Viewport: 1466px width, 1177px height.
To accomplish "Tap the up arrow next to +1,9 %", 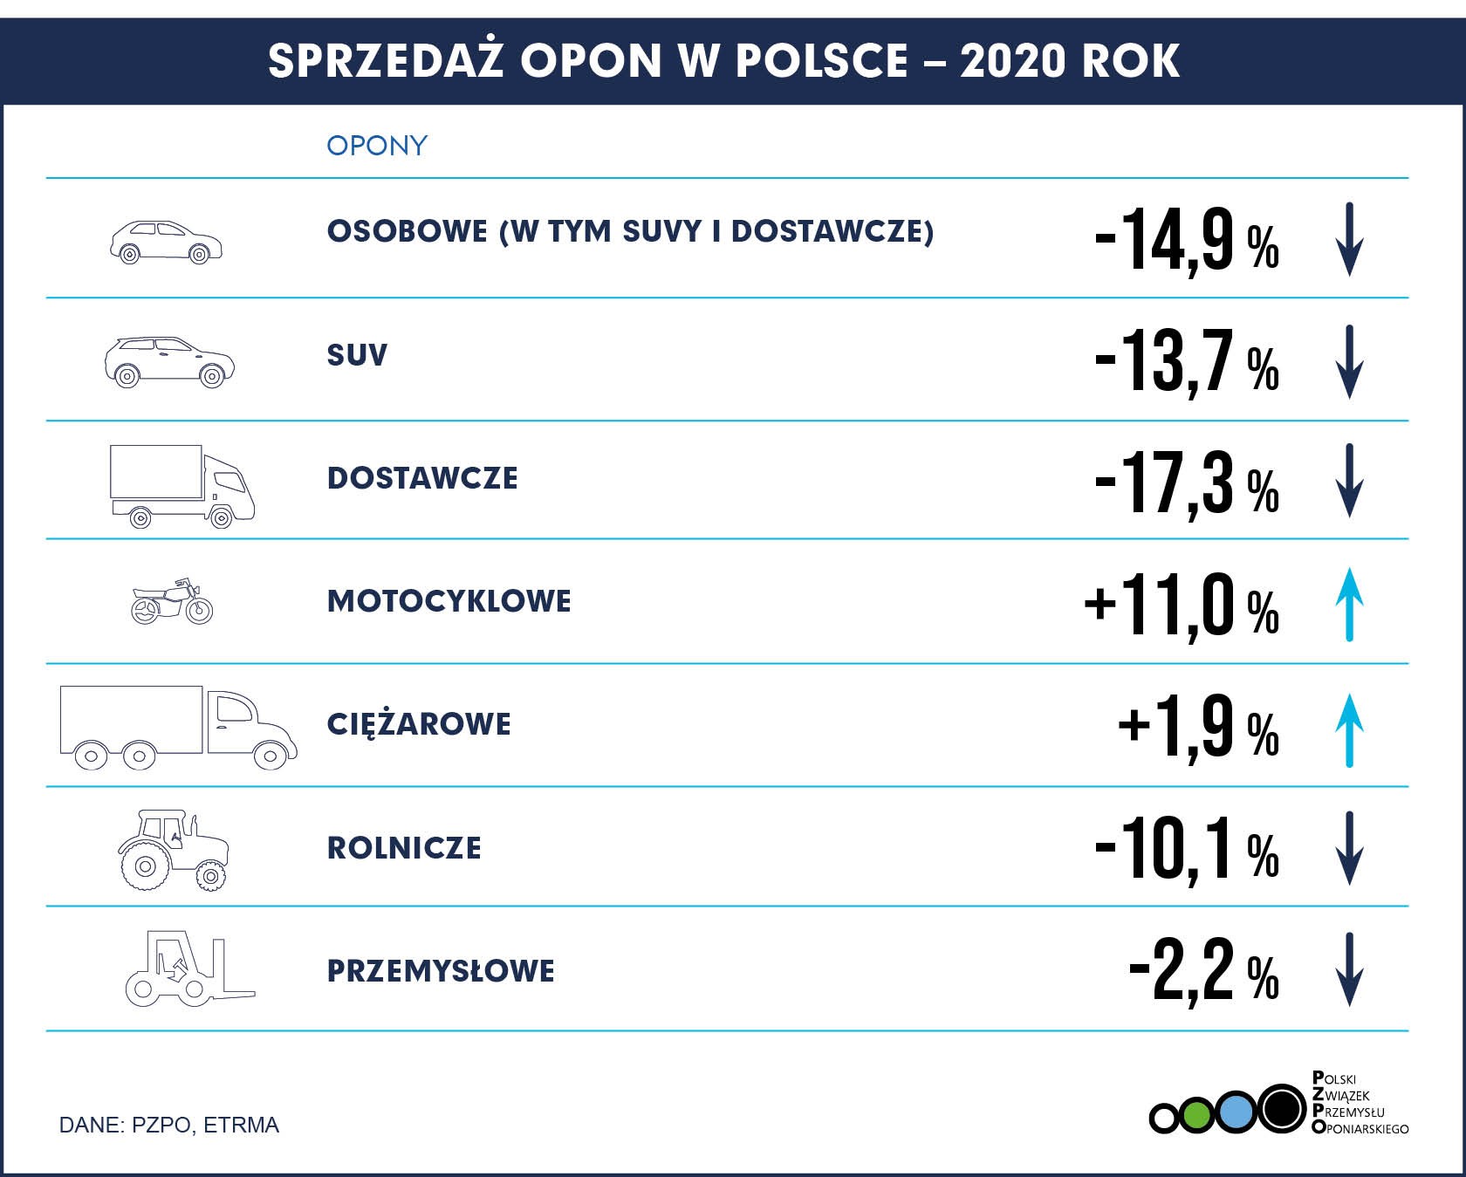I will click(x=1349, y=730).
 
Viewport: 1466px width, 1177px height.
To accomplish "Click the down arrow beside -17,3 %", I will click(x=1349, y=481).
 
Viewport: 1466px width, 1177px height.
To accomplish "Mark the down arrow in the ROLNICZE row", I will click(x=1349, y=848).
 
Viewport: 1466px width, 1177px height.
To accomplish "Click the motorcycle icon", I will click(x=172, y=601).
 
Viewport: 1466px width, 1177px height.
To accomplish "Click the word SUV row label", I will click(x=357, y=355).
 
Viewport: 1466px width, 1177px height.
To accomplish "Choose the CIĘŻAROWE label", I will click(x=419, y=724).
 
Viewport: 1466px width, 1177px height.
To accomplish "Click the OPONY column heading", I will click(x=377, y=145).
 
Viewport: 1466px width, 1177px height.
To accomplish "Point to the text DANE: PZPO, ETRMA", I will click(x=168, y=1125).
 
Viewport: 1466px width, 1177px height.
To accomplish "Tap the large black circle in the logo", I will click(x=1282, y=1109).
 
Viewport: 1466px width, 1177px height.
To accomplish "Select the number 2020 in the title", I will click(x=1014, y=60).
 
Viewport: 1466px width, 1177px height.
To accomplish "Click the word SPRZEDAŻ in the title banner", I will click(x=386, y=60).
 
